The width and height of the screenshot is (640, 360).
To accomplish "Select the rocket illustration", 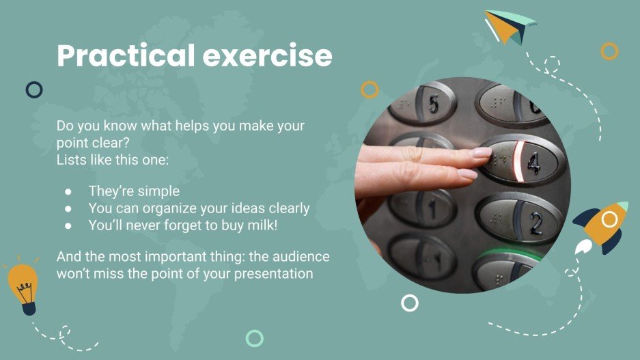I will coord(602,226).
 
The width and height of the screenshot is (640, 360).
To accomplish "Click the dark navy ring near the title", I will coord(33,89).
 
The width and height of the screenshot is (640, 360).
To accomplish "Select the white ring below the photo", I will coord(410,303).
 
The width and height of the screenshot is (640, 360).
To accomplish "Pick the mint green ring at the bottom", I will coord(255,337).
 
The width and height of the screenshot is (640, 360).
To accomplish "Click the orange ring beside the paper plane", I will coord(609,51).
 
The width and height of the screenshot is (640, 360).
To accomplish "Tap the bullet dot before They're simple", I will coord(68,192).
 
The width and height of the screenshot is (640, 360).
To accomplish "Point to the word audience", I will coord(298,257).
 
